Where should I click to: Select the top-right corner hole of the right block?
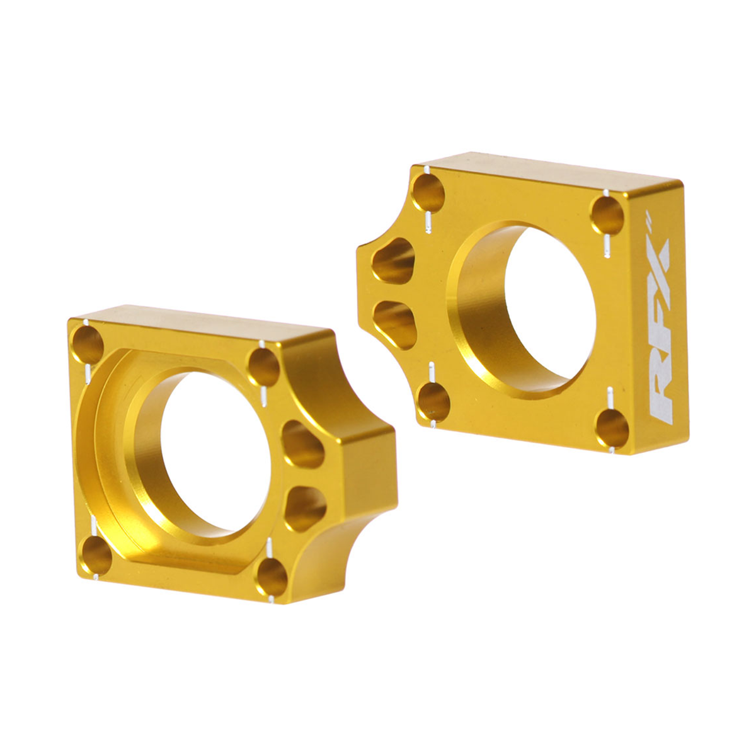pos(607,215)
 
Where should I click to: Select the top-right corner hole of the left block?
pos(263,366)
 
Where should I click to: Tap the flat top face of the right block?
pos(548,167)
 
